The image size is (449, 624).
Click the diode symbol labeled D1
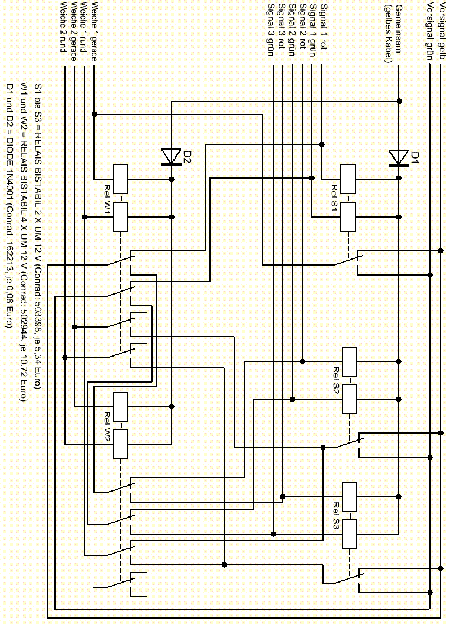click(398, 158)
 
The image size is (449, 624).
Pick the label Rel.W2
click(108, 427)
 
